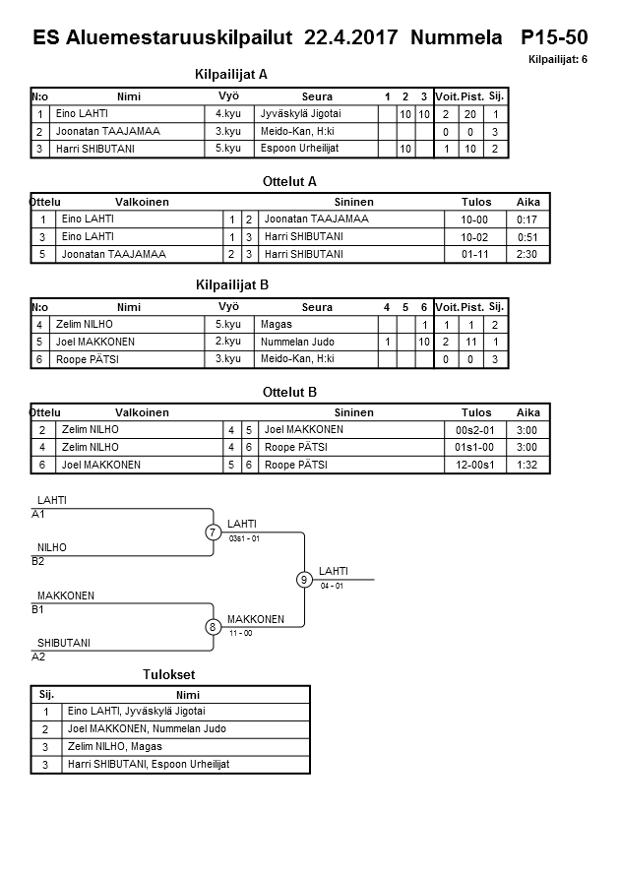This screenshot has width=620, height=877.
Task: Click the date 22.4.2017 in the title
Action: [x=351, y=38]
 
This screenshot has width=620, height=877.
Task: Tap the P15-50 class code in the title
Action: [x=554, y=38]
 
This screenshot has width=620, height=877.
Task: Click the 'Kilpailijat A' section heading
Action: [x=232, y=74]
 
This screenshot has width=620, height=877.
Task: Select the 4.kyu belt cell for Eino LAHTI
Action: [x=229, y=114]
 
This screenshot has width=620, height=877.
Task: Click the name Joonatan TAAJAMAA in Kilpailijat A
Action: [x=108, y=131]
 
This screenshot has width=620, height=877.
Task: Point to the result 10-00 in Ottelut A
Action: [x=475, y=219]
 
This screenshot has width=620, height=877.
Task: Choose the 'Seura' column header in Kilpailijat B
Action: [x=317, y=307]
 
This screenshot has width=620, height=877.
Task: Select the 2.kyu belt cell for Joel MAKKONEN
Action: [x=229, y=342]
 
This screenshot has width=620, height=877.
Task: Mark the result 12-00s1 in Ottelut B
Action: [x=476, y=465]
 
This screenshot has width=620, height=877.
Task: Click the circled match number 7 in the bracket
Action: [x=214, y=532]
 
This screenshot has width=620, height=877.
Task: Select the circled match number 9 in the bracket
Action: [x=305, y=580]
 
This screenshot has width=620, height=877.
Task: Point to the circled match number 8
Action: [x=214, y=627]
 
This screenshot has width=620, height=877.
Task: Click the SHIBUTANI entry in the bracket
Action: [x=64, y=644]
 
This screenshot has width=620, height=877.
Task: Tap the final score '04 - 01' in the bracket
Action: [x=332, y=586]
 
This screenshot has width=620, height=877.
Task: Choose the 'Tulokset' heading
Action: [x=169, y=675]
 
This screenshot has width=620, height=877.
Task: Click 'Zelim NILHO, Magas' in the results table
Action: [x=114, y=746]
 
